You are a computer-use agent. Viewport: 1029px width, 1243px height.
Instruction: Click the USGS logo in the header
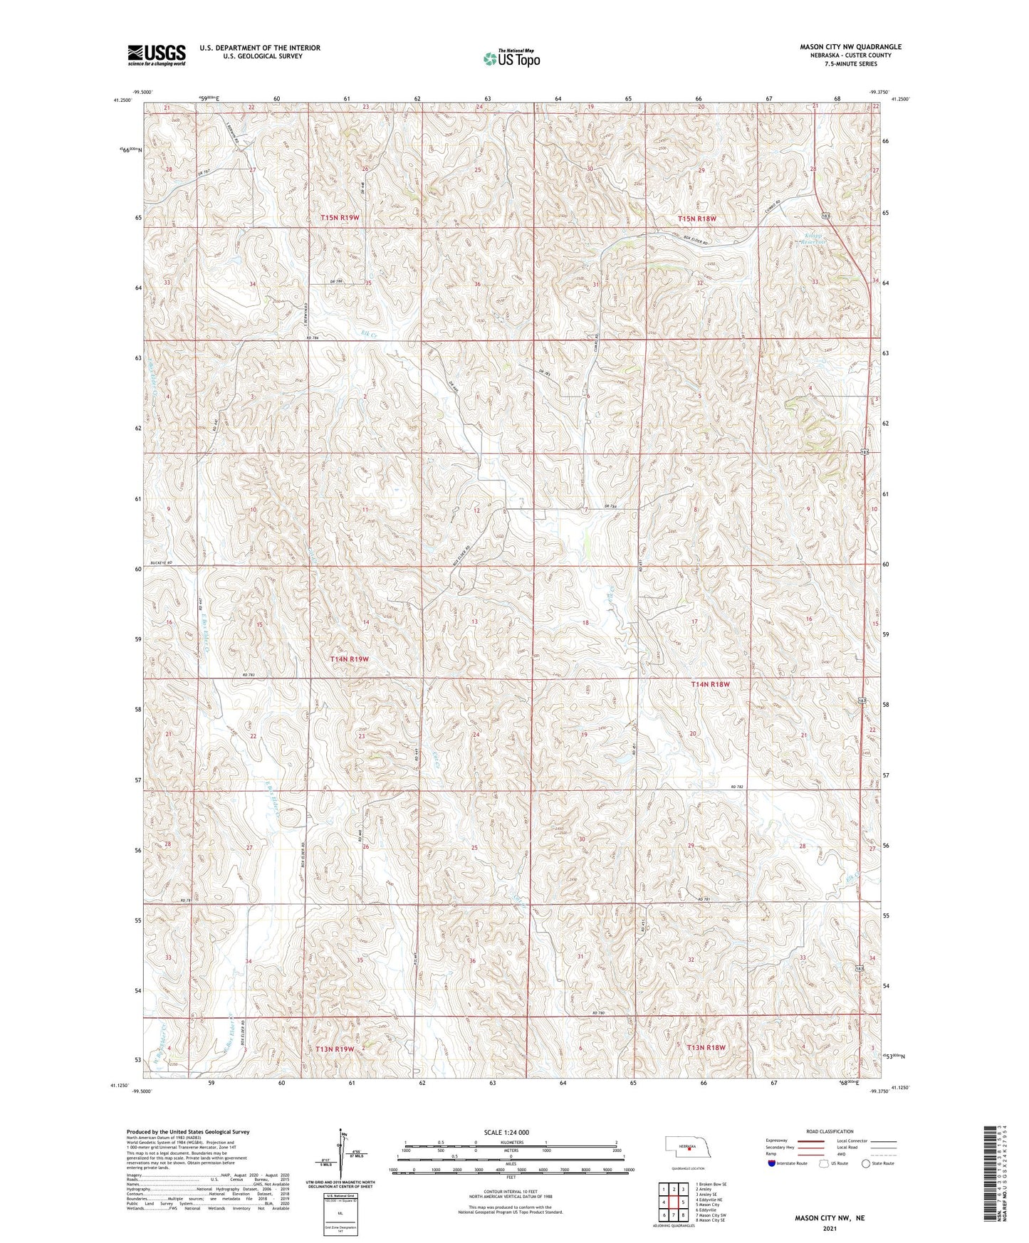click(x=156, y=54)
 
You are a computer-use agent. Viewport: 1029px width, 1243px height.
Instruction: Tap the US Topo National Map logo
click(x=511, y=58)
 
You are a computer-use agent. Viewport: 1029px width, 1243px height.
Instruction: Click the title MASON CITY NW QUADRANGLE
click(x=840, y=47)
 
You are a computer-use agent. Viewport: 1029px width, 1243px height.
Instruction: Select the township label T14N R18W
click(x=710, y=684)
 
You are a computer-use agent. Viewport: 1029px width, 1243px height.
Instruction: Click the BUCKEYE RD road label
click(x=160, y=563)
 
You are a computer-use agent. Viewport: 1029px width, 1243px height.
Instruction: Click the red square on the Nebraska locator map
click(x=689, y=1158)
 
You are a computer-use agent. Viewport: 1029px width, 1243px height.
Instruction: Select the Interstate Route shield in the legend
click(x=772, y=1163)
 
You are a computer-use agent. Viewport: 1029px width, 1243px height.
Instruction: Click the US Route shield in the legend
click(x=825, y=1163)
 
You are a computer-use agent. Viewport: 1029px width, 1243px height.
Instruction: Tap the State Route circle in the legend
click(x=866, y=1163)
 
